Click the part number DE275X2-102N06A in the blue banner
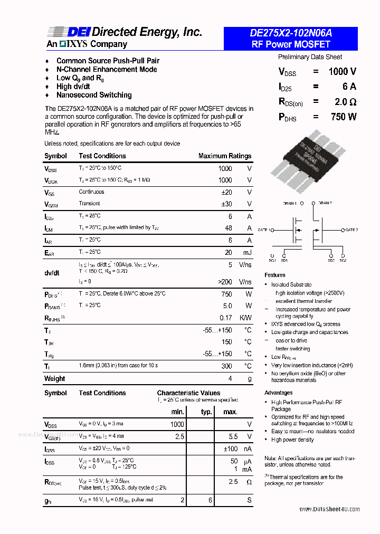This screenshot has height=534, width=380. [290, 33]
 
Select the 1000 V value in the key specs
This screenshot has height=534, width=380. [341, 72]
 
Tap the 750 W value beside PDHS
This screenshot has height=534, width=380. [343, 117]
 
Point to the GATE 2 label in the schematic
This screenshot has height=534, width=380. [351, 230]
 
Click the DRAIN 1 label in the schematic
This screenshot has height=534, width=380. [290, 203]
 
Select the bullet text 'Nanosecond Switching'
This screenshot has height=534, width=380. [94, 95]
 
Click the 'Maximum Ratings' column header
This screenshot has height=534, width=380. [224, 156]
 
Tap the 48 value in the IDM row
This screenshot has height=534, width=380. [228, 228]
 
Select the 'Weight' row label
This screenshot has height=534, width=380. [55, 378]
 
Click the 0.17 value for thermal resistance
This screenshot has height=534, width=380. [225, 318]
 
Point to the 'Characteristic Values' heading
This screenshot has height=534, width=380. [188, 393]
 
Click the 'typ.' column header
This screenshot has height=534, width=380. [206, 412]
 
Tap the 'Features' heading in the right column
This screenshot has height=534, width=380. [275, 275]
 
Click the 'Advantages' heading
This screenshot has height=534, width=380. [278, 393]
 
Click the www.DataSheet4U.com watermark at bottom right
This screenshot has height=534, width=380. [329, 509]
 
